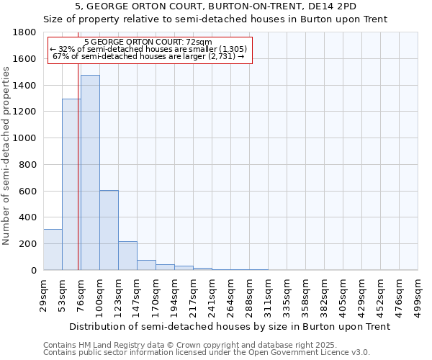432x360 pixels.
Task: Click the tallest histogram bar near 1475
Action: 90,173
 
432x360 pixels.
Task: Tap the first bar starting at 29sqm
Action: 53,249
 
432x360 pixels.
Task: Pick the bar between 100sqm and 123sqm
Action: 109,230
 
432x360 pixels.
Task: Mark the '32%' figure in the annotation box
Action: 65,49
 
